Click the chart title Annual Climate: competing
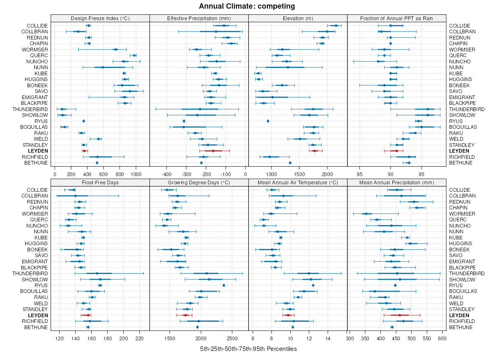(247, 6)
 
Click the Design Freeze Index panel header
(100, 18)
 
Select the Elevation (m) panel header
(298, 18)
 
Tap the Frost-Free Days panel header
(100, 182)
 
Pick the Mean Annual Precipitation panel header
(397, 182)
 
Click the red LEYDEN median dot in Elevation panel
(315, 151)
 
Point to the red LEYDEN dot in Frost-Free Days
(88, 315)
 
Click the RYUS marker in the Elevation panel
(268, 121)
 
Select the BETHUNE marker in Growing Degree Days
(198, 327)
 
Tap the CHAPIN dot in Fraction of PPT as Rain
(391, 43)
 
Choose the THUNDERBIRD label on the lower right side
(467, 273)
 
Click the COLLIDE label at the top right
(459, 26)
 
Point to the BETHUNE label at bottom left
(36, 327)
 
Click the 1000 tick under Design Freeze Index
(136, 174)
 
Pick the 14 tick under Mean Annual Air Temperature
(328, 339)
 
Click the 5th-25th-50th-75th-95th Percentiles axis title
(248, 349)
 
